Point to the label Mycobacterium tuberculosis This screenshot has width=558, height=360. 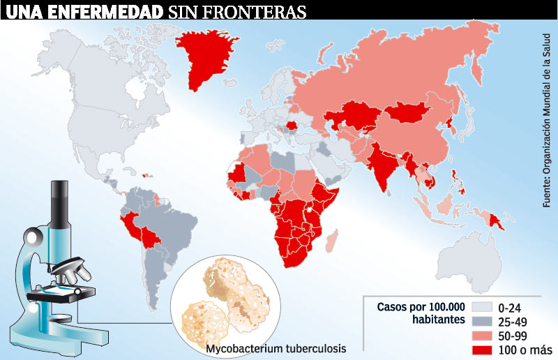(x=276, y=347)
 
